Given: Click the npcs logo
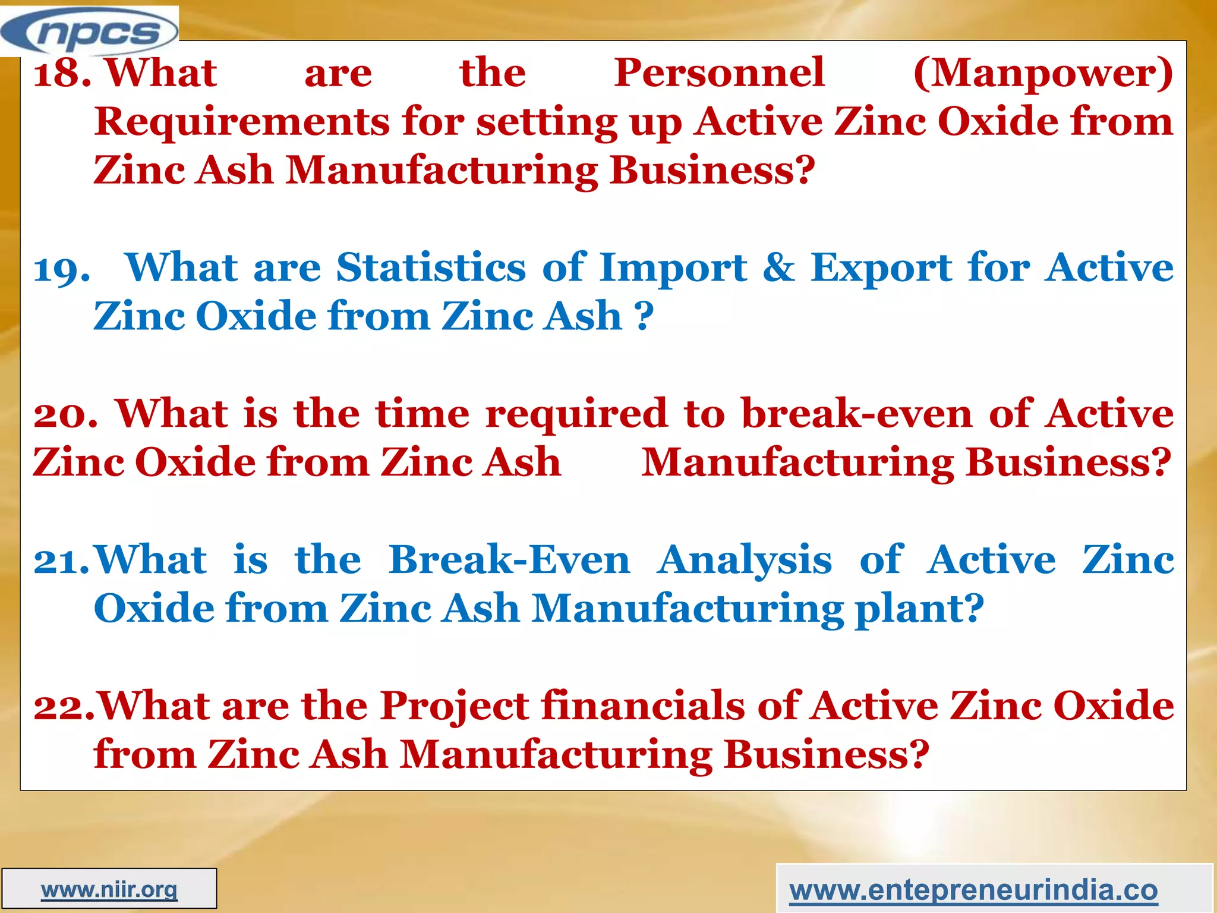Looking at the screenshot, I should click(89, 31).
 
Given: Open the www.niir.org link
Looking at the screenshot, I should click(109, 890).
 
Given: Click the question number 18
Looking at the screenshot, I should click(61, 74).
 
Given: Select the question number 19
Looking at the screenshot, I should click(62, 269).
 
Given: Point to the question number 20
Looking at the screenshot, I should click(65, 414).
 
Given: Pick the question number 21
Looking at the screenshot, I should click(61, 561).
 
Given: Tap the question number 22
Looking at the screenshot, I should click(63, 707).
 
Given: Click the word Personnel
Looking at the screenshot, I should click(719, 73).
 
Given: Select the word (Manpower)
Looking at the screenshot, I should click(1043, 74).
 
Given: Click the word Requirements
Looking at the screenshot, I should click(242, 122).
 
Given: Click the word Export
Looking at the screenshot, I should click(882, 269).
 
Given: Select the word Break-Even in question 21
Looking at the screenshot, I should click(509, 560).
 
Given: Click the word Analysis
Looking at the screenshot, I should click(744, 561).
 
